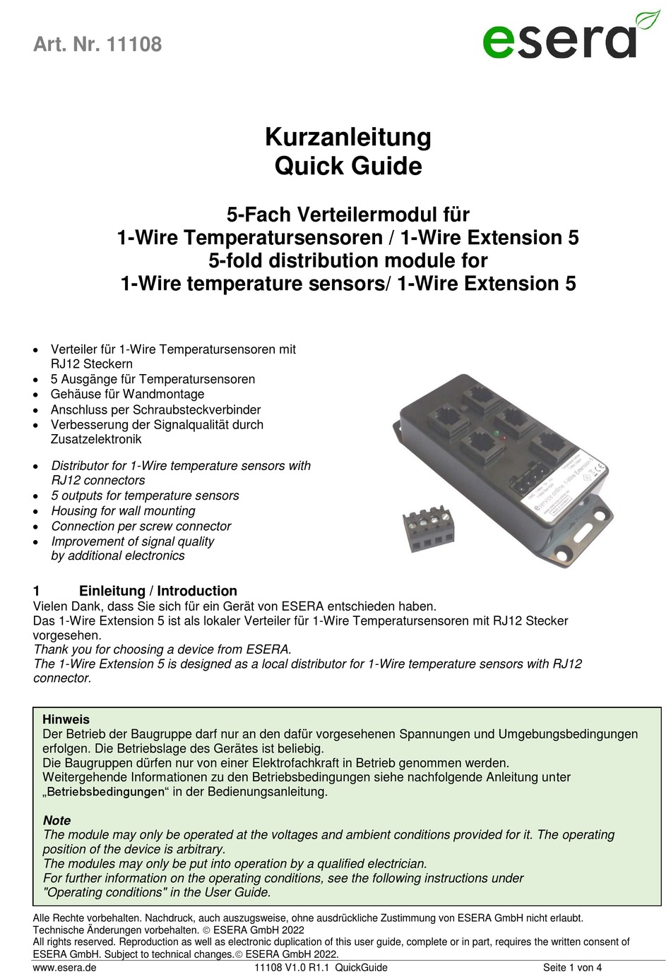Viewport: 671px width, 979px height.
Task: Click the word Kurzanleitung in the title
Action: point(348,137)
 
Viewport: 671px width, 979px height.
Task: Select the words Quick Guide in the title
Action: point(348,167)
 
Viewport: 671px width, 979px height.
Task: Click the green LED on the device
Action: point(497,431)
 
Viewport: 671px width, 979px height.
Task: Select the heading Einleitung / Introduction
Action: point(158,591)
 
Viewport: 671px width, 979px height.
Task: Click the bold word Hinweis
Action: point(66,719)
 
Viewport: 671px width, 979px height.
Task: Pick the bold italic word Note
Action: point(57,820)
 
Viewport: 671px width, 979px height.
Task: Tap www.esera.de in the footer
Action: point(64,967)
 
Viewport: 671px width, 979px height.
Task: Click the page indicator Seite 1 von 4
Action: point(572,967)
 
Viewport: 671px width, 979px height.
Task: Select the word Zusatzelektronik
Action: point(96,439)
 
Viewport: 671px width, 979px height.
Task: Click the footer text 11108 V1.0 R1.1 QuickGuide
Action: point(321,967)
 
